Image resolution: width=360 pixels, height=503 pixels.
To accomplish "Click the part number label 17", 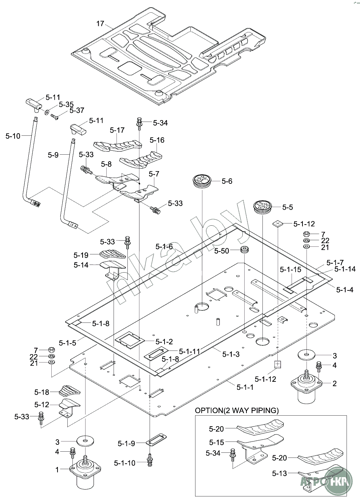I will point(100,24).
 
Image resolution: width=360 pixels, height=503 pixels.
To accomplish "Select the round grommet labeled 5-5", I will point(262,207).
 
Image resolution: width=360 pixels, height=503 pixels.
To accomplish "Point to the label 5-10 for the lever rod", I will point(13,136).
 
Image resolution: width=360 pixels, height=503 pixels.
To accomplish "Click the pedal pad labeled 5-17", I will point(117,146).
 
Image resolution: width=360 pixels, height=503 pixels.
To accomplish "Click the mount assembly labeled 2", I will point(306,387).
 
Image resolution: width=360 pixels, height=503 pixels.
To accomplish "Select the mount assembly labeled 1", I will point(85,472).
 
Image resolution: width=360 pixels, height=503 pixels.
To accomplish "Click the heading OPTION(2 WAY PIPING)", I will point(237,411).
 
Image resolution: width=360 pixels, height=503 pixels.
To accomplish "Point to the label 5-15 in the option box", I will point(217,442).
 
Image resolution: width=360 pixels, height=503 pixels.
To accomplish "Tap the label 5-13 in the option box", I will point(279,473).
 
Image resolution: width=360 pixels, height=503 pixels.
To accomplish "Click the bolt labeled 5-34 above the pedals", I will point(139,122).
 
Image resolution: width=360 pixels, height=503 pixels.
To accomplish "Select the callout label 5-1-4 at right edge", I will point(344,290).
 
